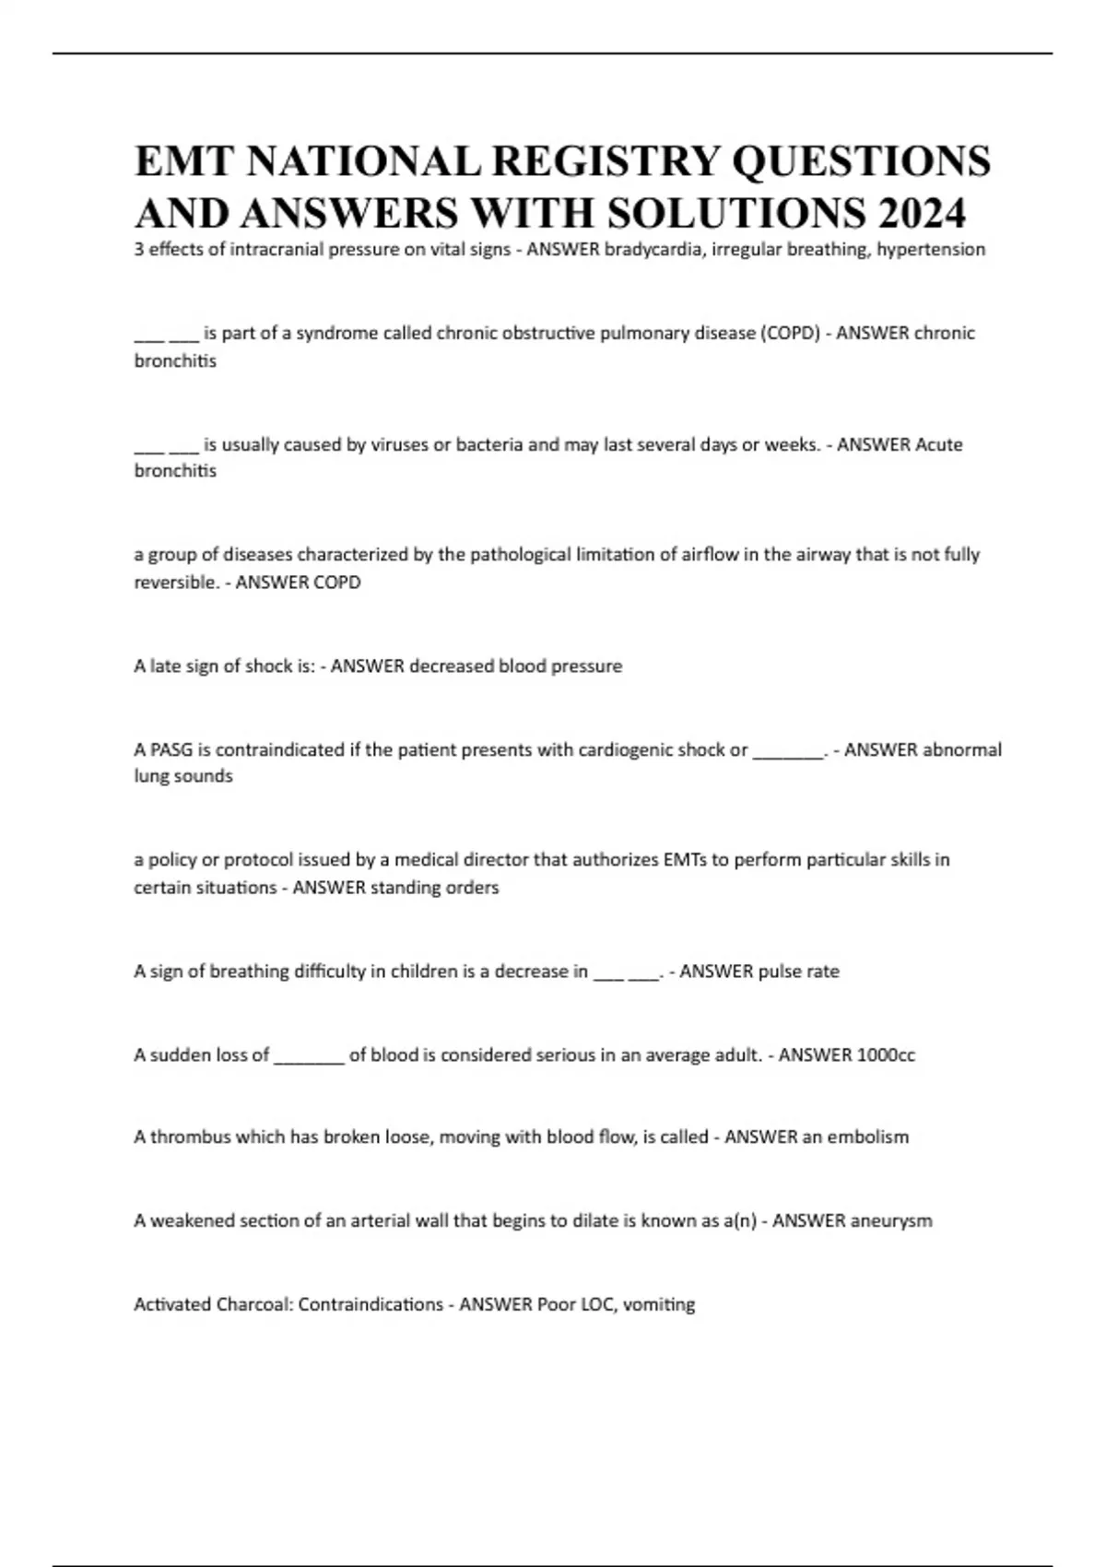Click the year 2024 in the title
922,214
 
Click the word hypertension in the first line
931,250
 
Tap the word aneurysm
891,1221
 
